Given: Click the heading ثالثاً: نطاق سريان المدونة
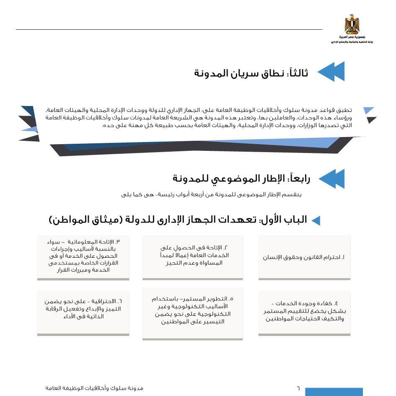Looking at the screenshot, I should pyautogui.click(x=251, y=73).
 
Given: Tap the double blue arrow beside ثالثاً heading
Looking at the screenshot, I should pyautogui.click(x=331, y=72).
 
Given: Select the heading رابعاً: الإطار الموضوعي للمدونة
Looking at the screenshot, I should pyautogui.click(x=241, y=179).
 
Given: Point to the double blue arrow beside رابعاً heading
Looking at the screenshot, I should pyautogui.click(x=331, y=179).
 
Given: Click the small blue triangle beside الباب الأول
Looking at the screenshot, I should pyautogui.click(x=316, y=221).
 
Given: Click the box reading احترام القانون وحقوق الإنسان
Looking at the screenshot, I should pyautogui.click(x=304, y=257).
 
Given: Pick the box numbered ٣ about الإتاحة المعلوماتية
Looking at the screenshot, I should pyautogui.click(x=83, y=256).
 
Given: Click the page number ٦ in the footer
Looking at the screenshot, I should pyautogui.click(x=298, y=388).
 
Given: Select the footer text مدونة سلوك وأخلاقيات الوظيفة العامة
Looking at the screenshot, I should pyautogui.click(x=94, y=388).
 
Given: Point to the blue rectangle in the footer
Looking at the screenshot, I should pyautogui.click(x=334, y=392).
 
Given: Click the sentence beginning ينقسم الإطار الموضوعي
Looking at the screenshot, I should pyautogui.click(x=212, y=194).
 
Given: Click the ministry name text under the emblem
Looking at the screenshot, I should pyautogui.click(x=352, y=42).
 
